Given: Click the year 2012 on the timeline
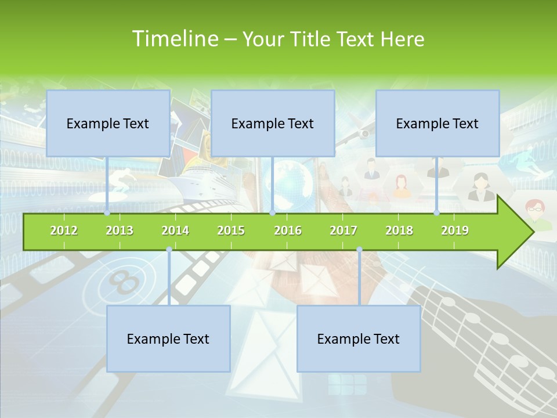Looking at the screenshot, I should (x=64, y=230).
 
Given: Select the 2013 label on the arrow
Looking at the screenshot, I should (x=120, y=230).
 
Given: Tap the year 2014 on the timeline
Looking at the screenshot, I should (x=175, y=230).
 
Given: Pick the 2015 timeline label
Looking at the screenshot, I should (x=231, y=230).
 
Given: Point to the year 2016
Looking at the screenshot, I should (x=288, y=230).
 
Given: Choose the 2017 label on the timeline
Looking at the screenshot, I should (x=343, y=230).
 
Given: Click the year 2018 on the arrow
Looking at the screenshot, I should (x=399, y=230).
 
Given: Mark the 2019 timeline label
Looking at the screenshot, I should (x=455, y=230).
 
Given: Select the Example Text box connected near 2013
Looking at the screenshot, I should (x=108, y=123).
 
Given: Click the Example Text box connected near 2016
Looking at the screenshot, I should (x=273, y=123).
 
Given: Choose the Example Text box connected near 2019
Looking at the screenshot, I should (x=437, y=123).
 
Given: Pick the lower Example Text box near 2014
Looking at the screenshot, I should (x=168, y=338).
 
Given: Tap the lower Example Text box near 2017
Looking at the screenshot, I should (x=359, y=338).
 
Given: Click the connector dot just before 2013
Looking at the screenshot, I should (x=107, y=213).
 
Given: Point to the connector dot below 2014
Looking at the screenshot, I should (x=169, y=250).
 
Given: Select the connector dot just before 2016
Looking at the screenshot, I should (x=272, y=213).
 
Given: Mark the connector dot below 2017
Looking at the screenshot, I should (x=359, y=250).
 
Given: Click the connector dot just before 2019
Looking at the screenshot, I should (x=437, y=213).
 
